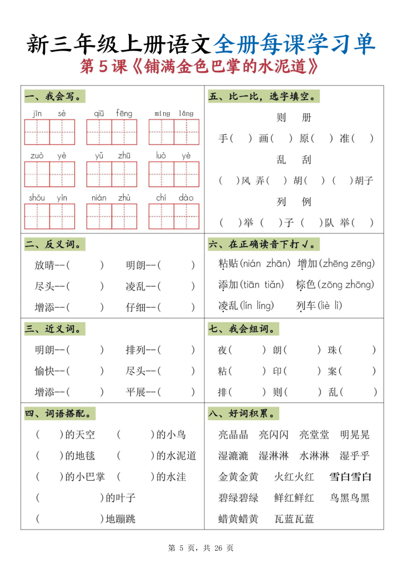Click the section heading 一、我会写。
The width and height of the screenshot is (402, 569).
coord(55,97)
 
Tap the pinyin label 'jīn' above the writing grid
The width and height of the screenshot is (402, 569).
coord(37,114)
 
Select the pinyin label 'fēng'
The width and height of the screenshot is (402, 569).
coord(124,113)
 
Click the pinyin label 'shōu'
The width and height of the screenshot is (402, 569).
coord(37,198)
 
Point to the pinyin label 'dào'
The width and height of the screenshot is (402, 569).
coord(186,198)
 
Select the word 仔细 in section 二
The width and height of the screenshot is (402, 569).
coord(135,307)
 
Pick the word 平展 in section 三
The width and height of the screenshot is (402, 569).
coord(135,392)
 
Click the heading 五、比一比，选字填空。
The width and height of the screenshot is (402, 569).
coord(264,97)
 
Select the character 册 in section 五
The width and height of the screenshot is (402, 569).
coord(306,118)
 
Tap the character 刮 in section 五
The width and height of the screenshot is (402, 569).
coord(306,160)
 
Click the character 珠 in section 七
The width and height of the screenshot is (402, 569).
coord(333,350)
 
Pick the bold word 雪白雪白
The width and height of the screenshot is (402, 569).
coord(350,477)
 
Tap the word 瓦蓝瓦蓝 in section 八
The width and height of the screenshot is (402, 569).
coord(294,519)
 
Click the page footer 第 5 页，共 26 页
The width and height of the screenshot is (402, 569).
coord(200,548)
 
